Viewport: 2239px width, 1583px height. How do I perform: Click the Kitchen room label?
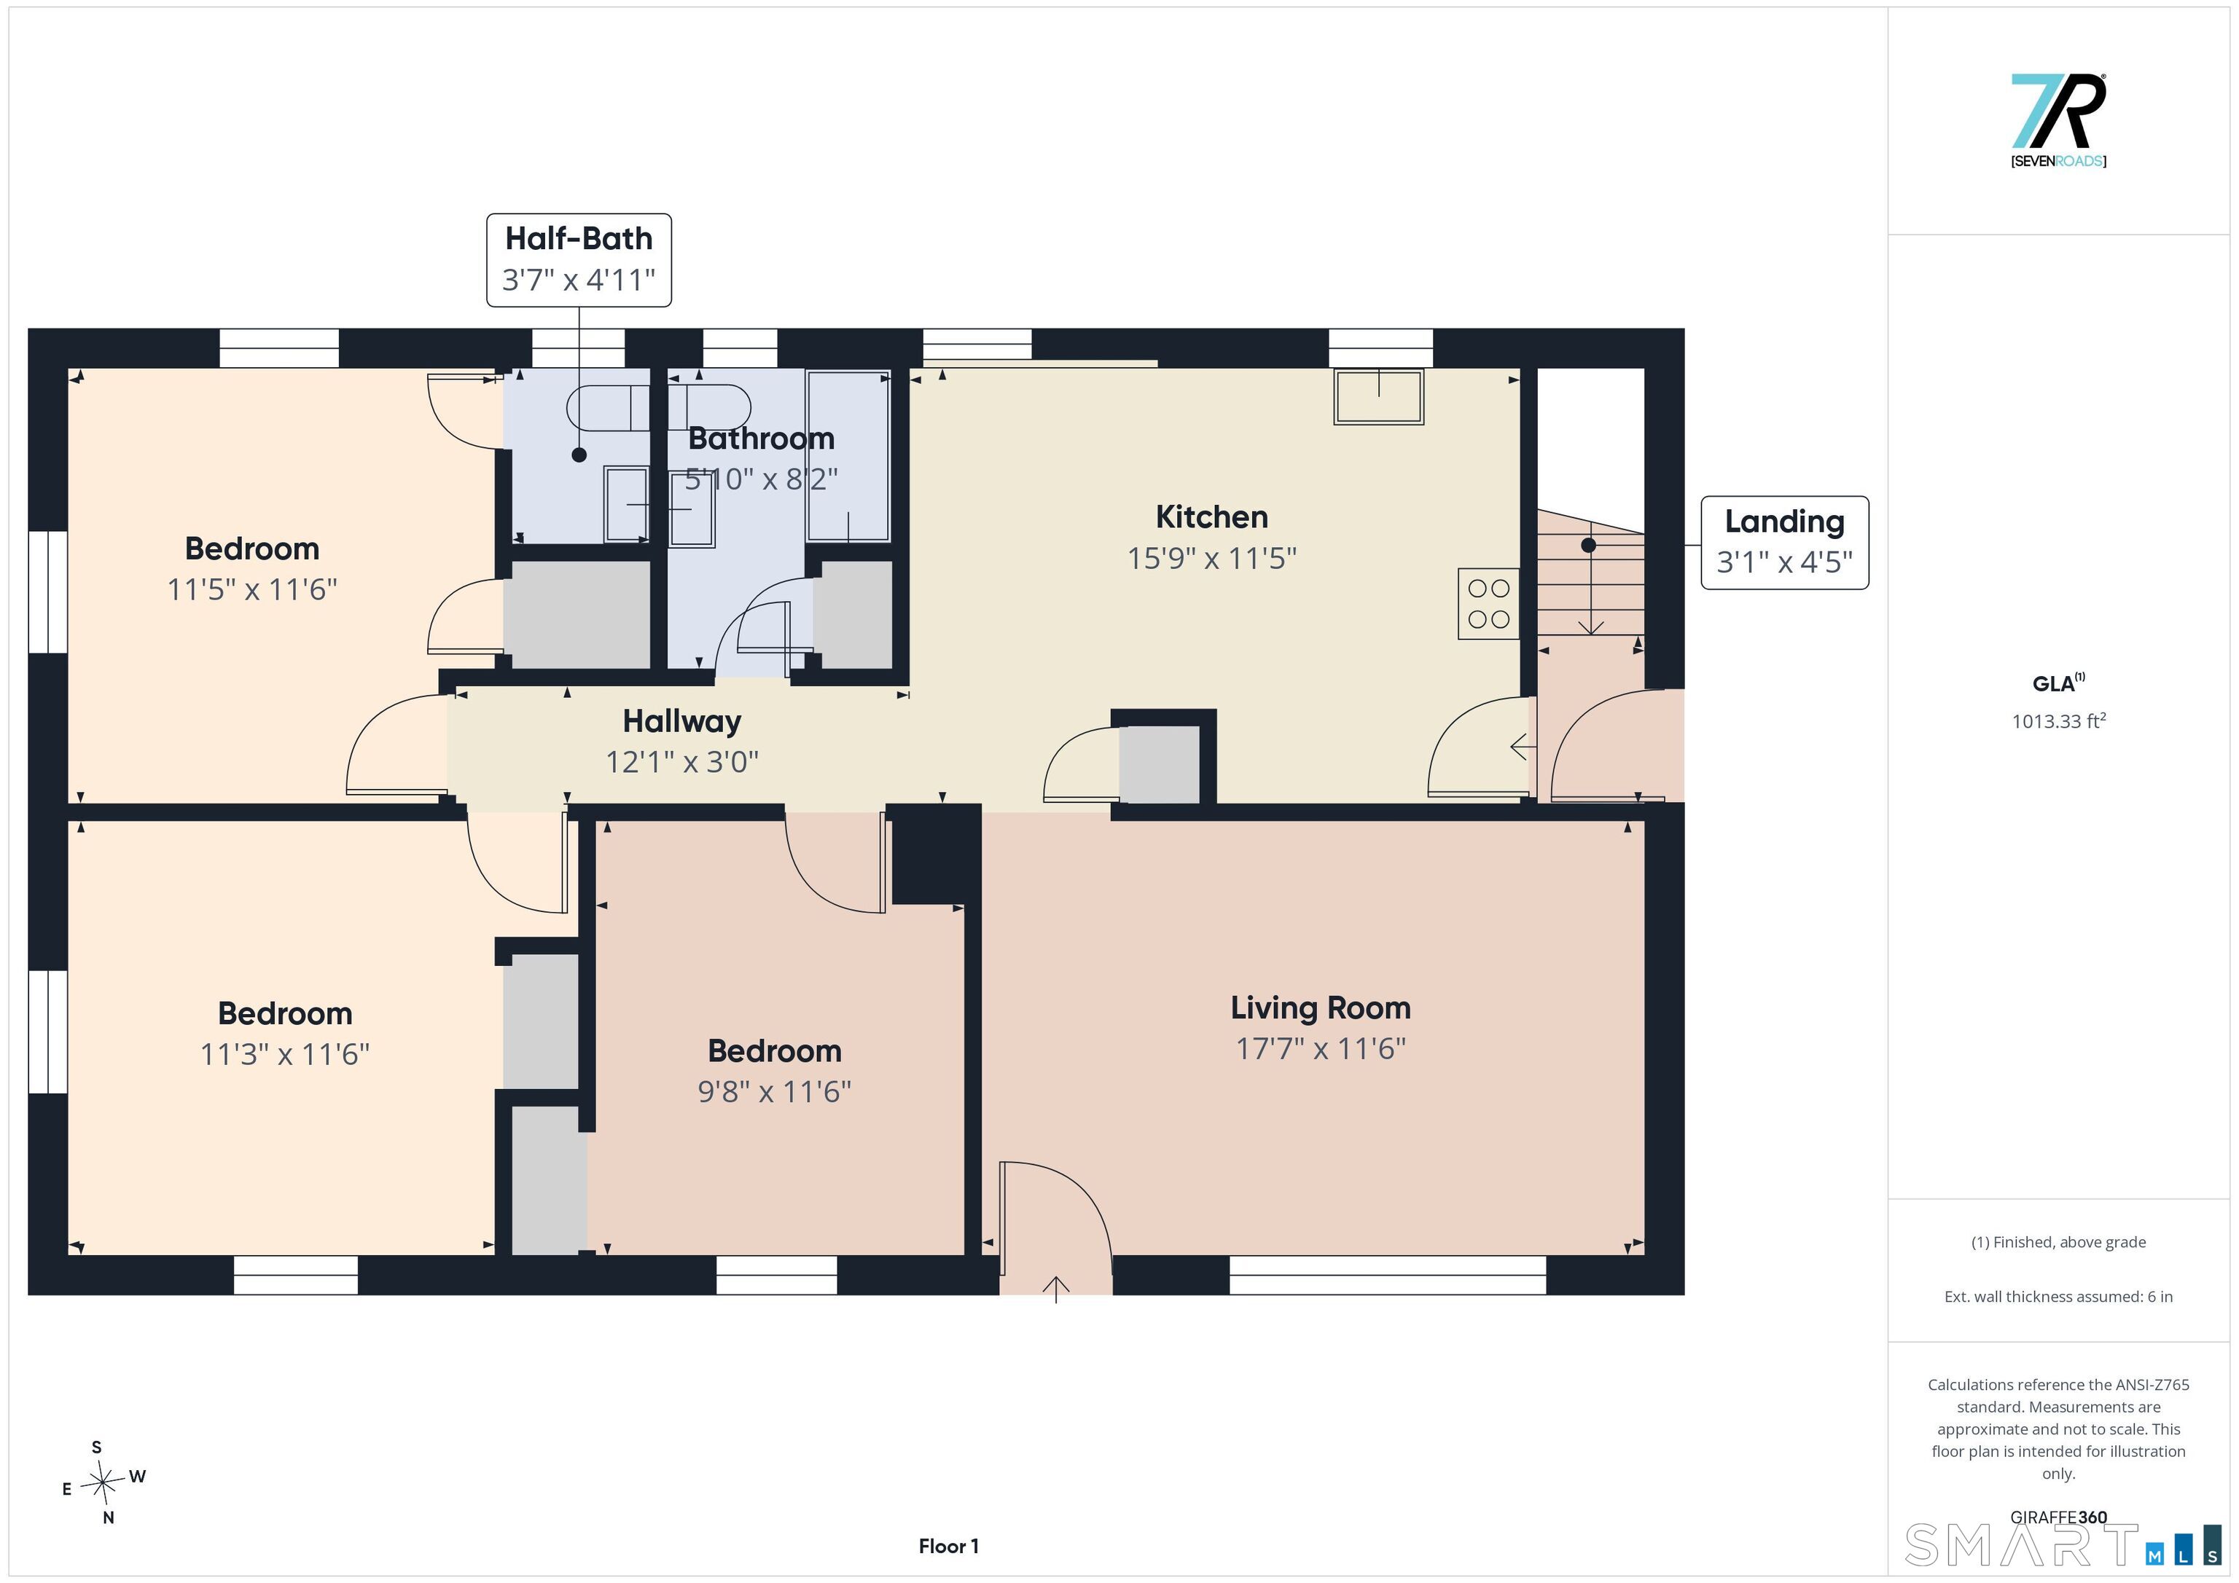[1211, 516]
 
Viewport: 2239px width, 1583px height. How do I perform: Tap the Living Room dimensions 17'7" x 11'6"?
[1321, 1049]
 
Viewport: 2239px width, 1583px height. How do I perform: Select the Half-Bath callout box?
[579, 260]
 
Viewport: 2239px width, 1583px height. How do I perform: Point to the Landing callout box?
[1785, 543]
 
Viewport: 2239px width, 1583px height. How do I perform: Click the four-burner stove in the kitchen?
[1488, 603]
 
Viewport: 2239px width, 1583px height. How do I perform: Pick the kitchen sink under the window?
[1379, 397]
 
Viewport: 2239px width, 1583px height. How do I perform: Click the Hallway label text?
[681, 721]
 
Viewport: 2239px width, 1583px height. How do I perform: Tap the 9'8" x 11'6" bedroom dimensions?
[774, 1091]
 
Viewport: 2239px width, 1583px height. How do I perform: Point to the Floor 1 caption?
[948, 1546]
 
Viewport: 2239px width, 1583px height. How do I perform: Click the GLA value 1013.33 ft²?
[2058, 721]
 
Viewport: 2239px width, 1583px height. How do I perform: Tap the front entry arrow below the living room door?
[1056, 1289]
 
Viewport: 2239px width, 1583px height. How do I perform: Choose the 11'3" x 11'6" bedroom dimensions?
[285, 1053]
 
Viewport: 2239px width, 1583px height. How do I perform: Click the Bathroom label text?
[762, 439]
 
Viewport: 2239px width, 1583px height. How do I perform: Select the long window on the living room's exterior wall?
[1388, 1275]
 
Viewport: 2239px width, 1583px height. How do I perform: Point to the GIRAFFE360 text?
[2058, 1517]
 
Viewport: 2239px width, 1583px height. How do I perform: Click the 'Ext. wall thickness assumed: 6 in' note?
[2058, 1297]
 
